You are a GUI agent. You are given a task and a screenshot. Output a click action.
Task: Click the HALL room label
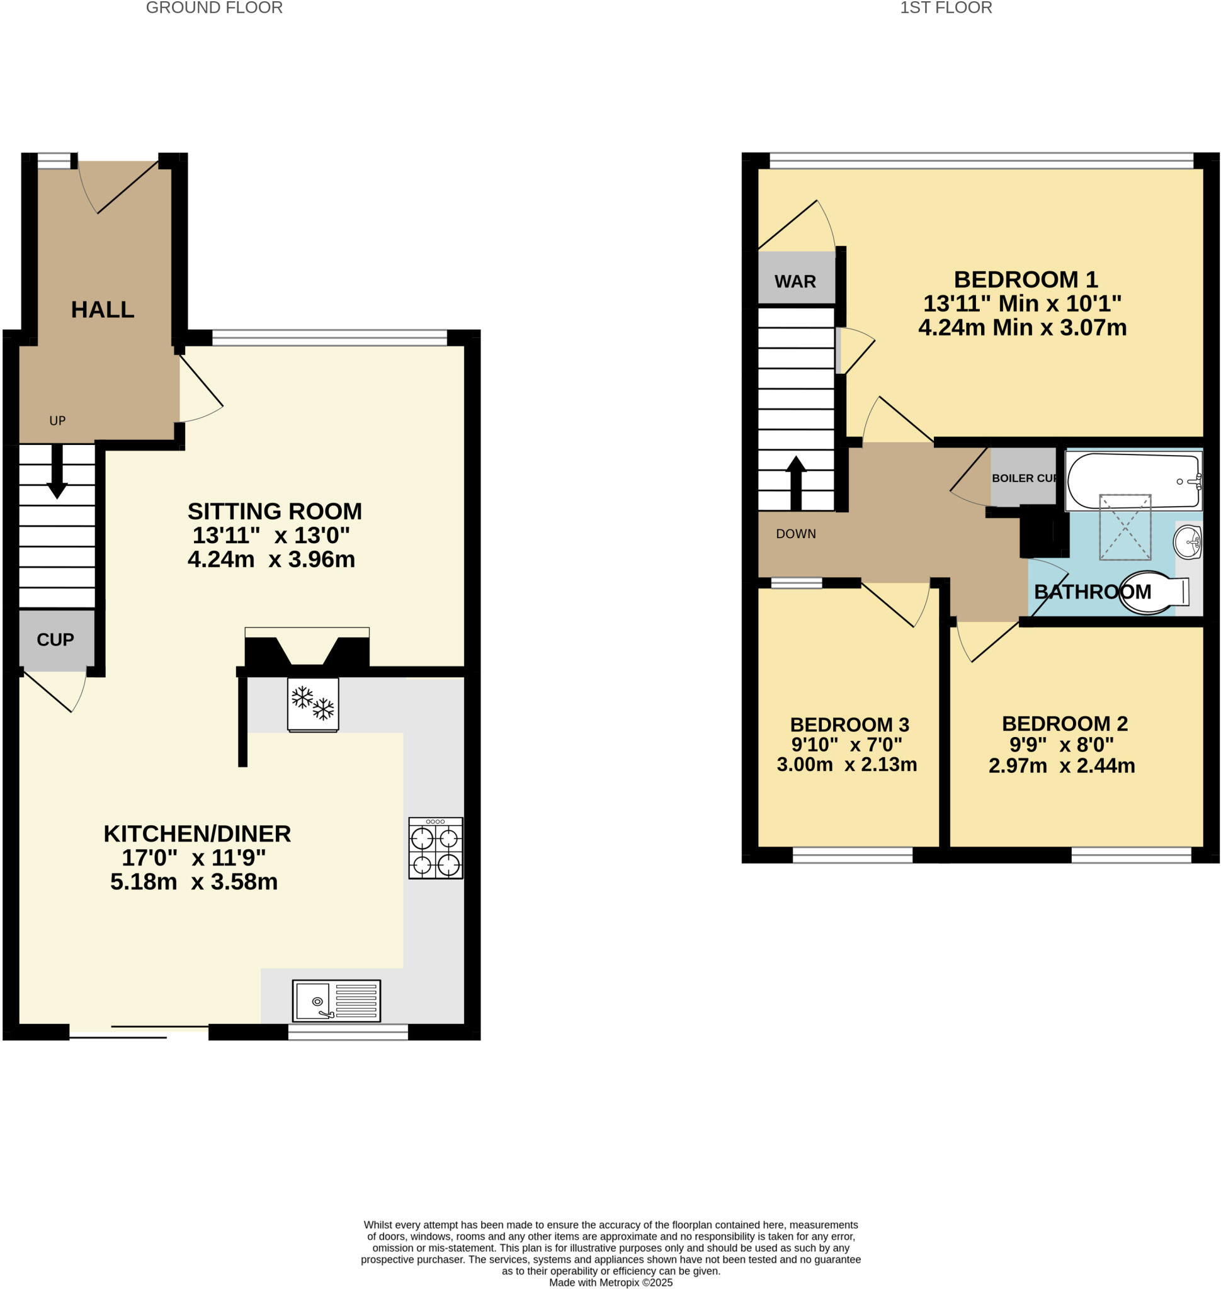click(102, 310)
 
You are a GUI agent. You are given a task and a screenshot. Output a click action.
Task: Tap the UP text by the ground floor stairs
click(57, 421)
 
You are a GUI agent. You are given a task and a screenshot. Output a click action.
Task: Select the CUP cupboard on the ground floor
click(56, 639)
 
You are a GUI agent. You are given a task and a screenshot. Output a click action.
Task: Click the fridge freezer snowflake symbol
click(312, 704)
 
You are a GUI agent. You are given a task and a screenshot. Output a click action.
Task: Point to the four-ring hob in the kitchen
click(435, 848)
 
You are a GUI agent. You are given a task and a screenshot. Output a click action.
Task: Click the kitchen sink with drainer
click(336, 1001)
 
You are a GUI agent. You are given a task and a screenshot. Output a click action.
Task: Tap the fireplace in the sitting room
click(307, 648)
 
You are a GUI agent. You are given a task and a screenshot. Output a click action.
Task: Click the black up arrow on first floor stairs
click(795, 482)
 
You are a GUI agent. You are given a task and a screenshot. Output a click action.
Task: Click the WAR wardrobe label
click(795, 282)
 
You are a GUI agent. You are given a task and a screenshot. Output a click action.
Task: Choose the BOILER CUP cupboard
click(1023, 478)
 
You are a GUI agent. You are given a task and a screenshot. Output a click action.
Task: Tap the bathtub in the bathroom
click(1132, 481)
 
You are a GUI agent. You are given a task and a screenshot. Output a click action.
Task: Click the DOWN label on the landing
click(795, 534)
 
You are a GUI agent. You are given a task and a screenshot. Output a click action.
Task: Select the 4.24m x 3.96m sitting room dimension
click(271, 560)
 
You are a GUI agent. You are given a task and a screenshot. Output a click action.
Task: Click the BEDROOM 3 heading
click(849, 725)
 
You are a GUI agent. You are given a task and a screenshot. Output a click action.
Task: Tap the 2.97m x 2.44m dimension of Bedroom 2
click(1061, 766)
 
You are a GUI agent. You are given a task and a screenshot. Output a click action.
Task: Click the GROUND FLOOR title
click(214, 8)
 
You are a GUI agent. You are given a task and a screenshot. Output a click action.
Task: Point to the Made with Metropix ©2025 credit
click(611, 1283)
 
